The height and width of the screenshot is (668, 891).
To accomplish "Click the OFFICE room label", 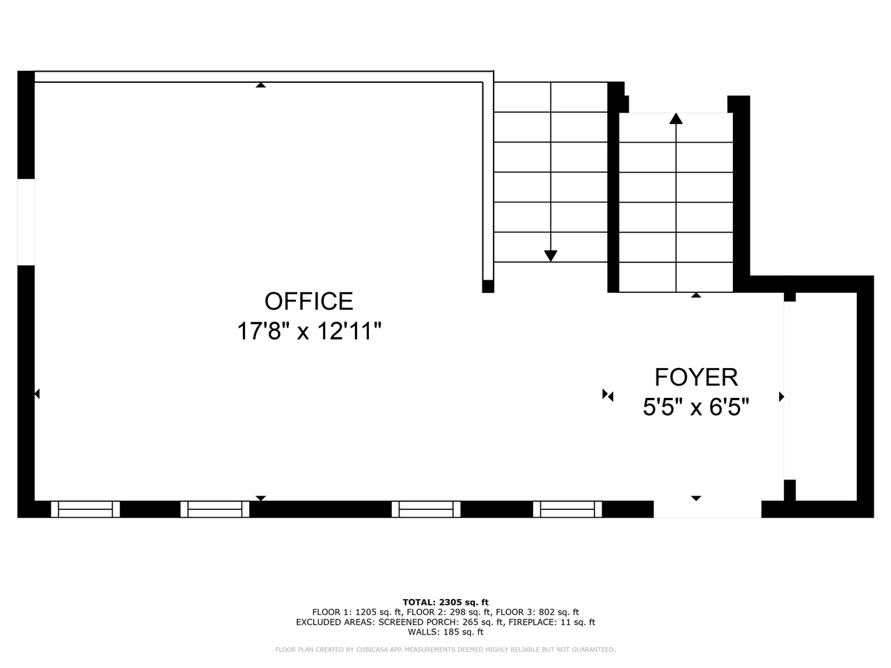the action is [308, 301].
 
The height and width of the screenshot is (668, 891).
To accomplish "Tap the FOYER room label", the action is [696, 377].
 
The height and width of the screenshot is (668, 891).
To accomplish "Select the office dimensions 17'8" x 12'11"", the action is [309, 331].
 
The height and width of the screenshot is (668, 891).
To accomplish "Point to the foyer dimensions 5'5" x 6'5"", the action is [696, 407].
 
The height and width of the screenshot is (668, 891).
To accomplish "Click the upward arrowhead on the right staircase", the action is [676, 118].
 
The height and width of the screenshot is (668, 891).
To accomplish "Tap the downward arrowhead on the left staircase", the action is [551, 256].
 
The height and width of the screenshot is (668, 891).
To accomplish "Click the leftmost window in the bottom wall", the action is [85, 509].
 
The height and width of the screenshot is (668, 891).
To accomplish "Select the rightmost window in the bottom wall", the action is [567, 509].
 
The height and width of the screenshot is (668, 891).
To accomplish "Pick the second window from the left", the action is [214, 509].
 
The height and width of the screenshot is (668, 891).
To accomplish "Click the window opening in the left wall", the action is [26, 222].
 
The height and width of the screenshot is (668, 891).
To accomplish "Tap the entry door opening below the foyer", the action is [707, 509].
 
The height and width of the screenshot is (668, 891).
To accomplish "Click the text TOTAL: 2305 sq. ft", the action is [445, 603].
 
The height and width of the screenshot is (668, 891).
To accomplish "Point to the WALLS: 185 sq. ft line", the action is [445, 632].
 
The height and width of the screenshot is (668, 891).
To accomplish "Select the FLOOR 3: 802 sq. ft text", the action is [537, 612].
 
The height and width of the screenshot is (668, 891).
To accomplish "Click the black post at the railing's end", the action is [488, 287].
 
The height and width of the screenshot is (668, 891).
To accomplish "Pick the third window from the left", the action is [426, 509].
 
